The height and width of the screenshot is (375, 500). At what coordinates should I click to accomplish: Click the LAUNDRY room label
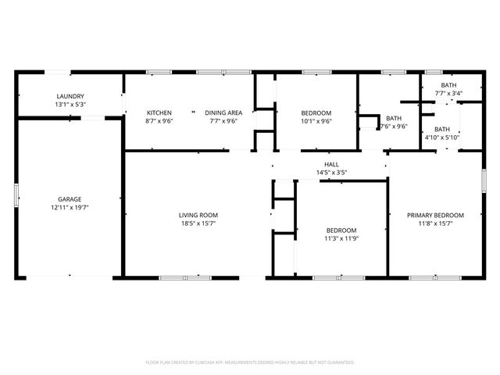70,96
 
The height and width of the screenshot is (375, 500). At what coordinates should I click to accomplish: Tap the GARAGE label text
70,199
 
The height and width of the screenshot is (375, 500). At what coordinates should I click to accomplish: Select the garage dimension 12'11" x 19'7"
70,208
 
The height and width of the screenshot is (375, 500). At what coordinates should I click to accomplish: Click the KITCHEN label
159,112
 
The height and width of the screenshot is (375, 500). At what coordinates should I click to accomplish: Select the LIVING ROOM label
198,215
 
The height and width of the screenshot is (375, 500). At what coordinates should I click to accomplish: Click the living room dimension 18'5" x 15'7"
198,223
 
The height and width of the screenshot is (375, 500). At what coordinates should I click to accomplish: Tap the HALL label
331,164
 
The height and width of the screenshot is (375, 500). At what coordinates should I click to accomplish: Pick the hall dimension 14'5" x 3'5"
331,173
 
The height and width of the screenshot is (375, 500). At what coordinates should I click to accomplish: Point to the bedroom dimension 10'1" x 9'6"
316,121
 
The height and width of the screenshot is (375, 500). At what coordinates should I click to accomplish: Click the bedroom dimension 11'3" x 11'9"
341,238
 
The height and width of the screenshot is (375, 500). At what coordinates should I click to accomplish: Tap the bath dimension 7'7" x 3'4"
448,94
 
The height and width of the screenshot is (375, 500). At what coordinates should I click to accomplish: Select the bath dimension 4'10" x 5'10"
442,138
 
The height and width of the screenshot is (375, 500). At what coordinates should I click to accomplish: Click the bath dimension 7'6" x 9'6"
393,127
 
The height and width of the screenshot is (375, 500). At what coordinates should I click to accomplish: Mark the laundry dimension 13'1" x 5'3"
70,105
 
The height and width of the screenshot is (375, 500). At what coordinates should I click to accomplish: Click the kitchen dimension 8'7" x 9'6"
159,121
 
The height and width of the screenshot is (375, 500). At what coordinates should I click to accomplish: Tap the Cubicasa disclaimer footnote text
250,362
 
